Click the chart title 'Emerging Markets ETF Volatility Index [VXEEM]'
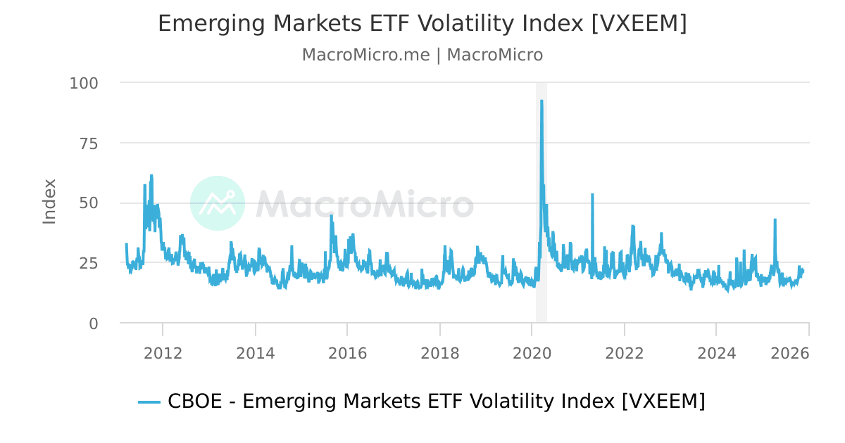(x=422, y=23)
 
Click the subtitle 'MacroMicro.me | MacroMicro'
(x=422, y=55)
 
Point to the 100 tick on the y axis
(x=84, y=83)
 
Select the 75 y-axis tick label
(x=89, y=143)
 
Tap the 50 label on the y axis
(x=89, y=203)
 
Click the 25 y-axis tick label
(x=89, y=264)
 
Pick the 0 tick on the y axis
(x=93, y=323)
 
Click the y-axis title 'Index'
(x=49, y=202)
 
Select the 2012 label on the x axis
(x=163, y=353)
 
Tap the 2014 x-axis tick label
(x=255, y=353)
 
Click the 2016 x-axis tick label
(x=347, y=353)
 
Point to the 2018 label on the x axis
(x=439, y=353)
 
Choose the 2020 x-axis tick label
(x=532, y=353)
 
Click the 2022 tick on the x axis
(x=624, y=353)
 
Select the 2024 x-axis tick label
(x=716, y=353)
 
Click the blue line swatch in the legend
(x=149, y=402)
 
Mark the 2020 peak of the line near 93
(x=541, y=101)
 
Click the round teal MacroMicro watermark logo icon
(x=218, y=203)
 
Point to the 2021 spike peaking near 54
(x=592, y=194)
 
